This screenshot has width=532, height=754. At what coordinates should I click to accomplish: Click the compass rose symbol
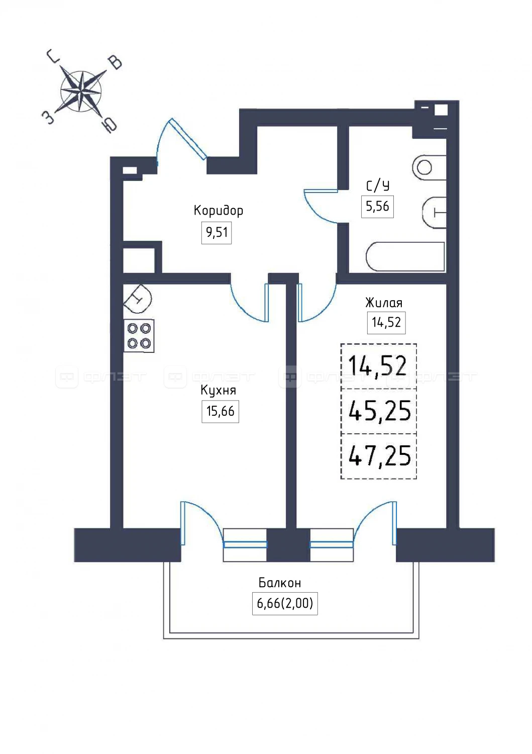click(81, 91)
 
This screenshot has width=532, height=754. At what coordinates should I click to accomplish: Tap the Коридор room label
click(218, 211)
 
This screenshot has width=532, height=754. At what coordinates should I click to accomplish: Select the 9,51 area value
click(217, 232)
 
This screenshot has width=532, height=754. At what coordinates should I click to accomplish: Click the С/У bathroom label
click(378, 185)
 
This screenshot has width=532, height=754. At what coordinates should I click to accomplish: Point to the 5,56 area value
click(377, 206)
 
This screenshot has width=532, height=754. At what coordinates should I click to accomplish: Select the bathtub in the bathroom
click(405, 256)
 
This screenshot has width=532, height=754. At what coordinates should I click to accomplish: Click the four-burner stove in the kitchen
click(139, 336)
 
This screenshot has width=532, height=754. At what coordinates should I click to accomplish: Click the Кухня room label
click(218, 391)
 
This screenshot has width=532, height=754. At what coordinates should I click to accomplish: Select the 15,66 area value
click(221, 411)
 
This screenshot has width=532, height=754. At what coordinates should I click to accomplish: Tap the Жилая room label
click(384, 303)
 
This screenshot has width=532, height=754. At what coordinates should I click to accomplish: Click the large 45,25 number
click(380, 411)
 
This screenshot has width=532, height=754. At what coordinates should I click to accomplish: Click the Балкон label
click(280, 583)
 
